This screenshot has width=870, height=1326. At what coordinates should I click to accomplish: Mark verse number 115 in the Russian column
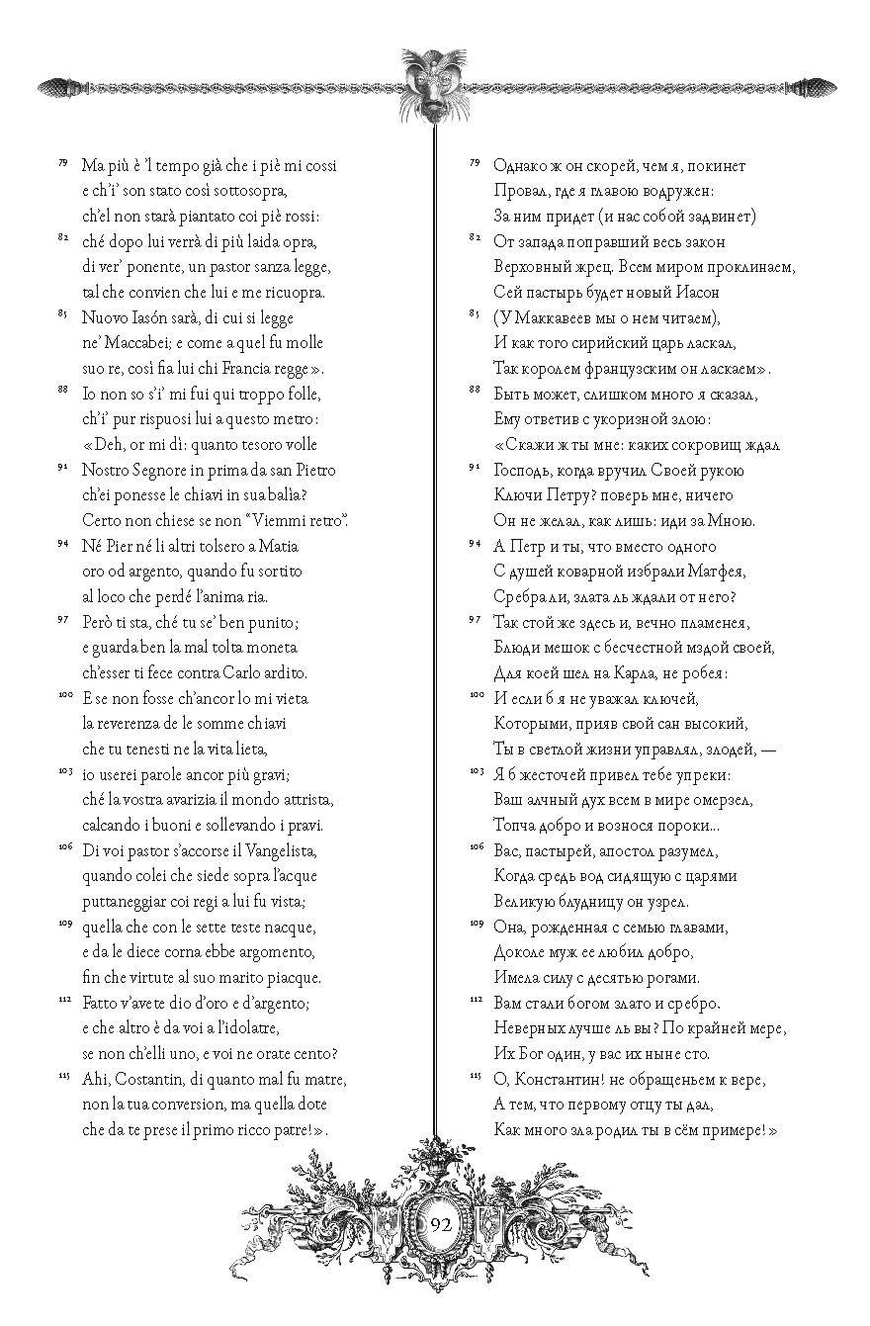476,1074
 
